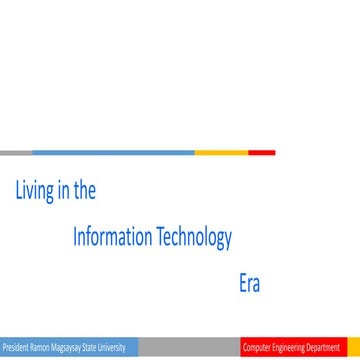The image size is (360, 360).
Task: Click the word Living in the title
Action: tap(33, 191)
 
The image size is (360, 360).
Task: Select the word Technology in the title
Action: tap(195, 238)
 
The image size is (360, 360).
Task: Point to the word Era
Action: tap(249, 284)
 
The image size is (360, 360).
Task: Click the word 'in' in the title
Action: tap(63, 191)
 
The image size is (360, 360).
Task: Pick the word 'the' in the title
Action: tap(85, 191)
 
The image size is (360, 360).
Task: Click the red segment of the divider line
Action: tap(262, 153)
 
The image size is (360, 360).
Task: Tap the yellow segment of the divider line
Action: tap(221, 153)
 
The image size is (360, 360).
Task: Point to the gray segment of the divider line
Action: tap(16, 153)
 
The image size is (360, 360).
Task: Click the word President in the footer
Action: tap(15, 348)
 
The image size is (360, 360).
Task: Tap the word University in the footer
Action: tap(111, 348)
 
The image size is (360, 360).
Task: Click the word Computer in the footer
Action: tap(257, 348)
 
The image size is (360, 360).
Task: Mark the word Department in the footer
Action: tap(325, 348)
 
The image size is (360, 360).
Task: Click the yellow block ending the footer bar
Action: tap(353, 348)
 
